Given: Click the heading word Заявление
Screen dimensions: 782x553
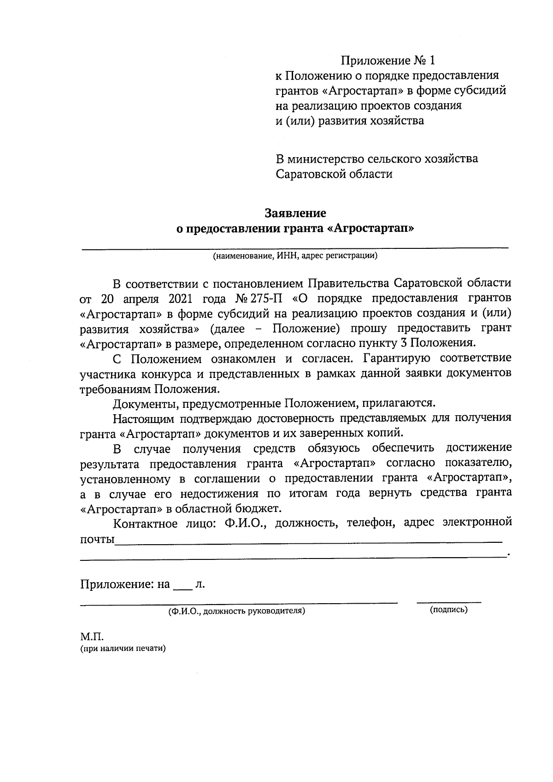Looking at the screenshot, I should [295, 213].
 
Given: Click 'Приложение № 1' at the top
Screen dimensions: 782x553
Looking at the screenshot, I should [388, 60].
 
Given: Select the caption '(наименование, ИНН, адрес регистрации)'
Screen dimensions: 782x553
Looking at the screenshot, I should [295, 256].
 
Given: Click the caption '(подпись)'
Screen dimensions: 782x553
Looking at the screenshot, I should [448, 610].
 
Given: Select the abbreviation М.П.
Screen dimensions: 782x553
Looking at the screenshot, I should [92, 637].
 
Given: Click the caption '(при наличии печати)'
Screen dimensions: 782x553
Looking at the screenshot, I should [123, 648].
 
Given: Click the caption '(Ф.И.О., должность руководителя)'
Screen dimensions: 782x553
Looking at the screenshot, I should [236, 611].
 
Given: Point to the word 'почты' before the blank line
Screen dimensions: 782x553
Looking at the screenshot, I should [97, 539].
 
